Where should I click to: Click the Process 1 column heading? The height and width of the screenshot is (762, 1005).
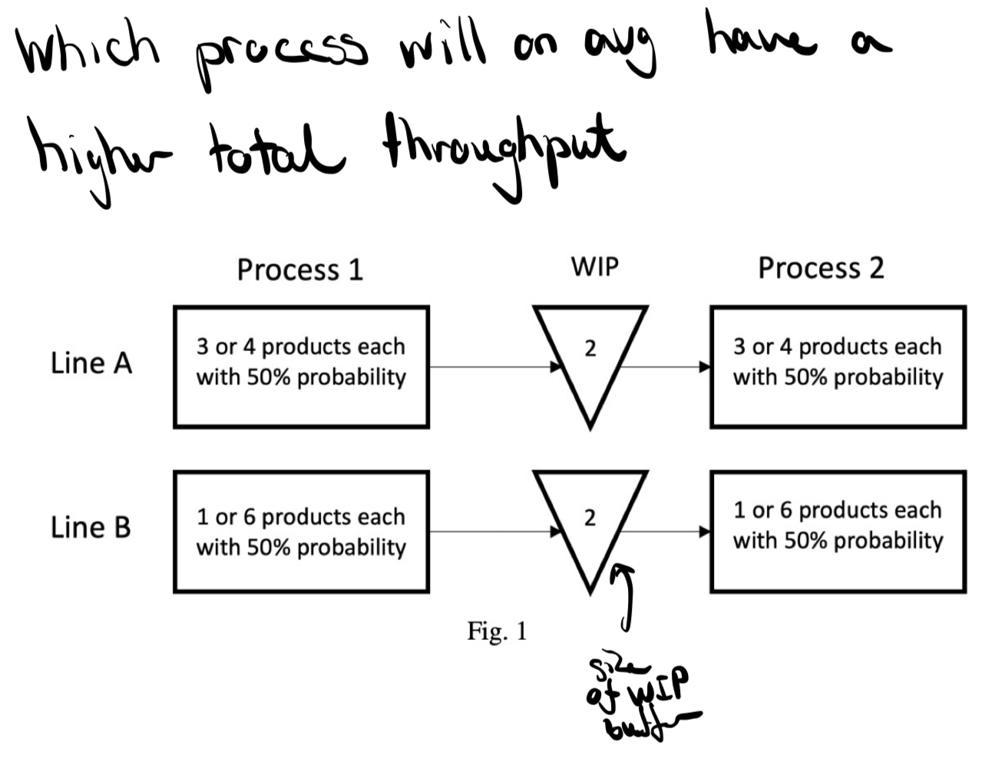[x=299, y=270]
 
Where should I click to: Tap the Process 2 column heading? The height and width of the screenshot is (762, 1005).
[x=821, y=268]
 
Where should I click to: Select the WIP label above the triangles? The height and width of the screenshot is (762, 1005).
[x=594, y=267]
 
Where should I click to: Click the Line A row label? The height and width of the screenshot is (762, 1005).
[x=91, y=363]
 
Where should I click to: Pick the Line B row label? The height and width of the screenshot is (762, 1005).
[x=91, y=528]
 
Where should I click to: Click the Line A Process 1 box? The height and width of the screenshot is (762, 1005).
[x=301, y=366]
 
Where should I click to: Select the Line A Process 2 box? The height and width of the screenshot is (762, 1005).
[x=838, y=366]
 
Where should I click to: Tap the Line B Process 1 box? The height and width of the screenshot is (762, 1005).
[x=301, y=532]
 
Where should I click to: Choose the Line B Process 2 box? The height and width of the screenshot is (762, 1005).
[x=838, y=531]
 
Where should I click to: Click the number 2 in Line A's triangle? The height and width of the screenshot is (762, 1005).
[x=590, y=349]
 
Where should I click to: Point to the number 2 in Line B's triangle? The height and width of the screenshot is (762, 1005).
[x=590, y=518]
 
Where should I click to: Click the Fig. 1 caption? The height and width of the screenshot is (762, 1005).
[x=497, y=631]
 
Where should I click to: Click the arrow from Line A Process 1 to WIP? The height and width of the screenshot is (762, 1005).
[x=495, y=366]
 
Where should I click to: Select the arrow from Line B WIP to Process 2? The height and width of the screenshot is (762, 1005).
[x=665, y=531]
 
